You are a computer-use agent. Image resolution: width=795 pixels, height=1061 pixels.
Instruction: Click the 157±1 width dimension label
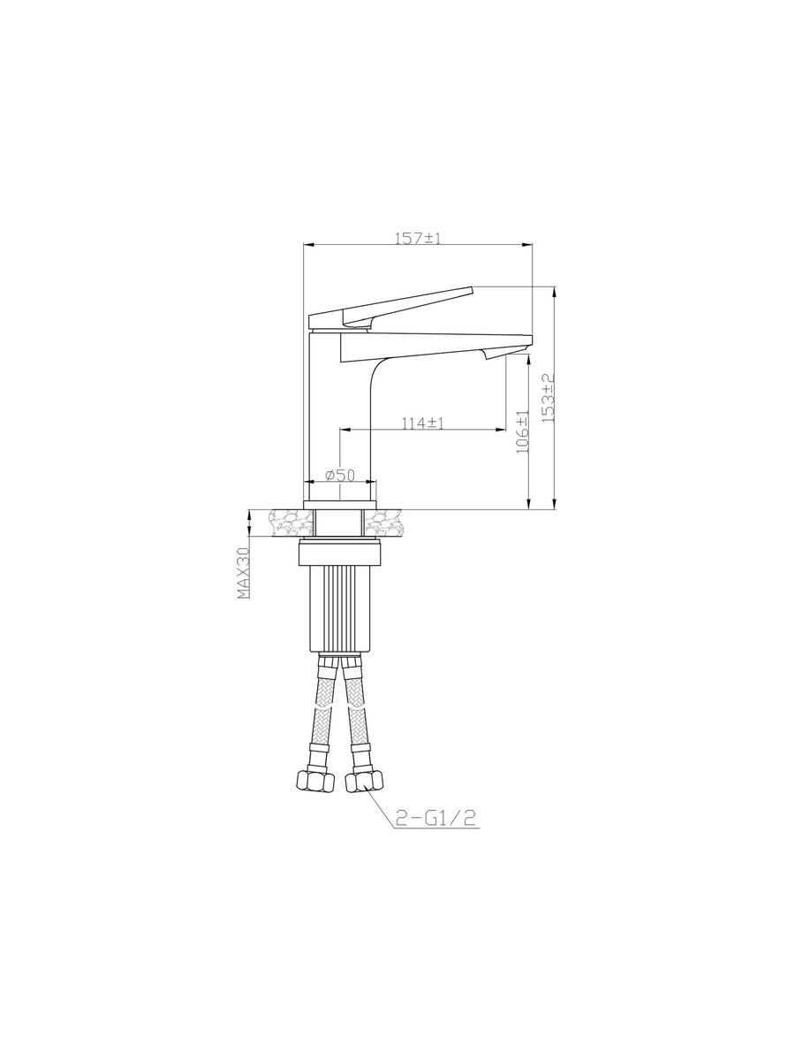pyautogui.click(x=418, y=239)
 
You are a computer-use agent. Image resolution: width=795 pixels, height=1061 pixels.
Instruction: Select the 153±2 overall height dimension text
pyautogui.click(x=548, y=398)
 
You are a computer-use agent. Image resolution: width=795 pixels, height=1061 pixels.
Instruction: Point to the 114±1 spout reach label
pyautogui.click(x=423, y=423)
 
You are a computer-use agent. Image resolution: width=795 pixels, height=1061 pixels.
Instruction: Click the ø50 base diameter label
pyautogui.click(x=340, y=475)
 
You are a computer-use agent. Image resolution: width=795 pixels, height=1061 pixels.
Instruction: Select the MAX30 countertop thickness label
pyautogui.click(x=243, y=572)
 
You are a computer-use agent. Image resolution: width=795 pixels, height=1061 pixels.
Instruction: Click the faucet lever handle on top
pyautogui.click(x=391, y=307)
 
